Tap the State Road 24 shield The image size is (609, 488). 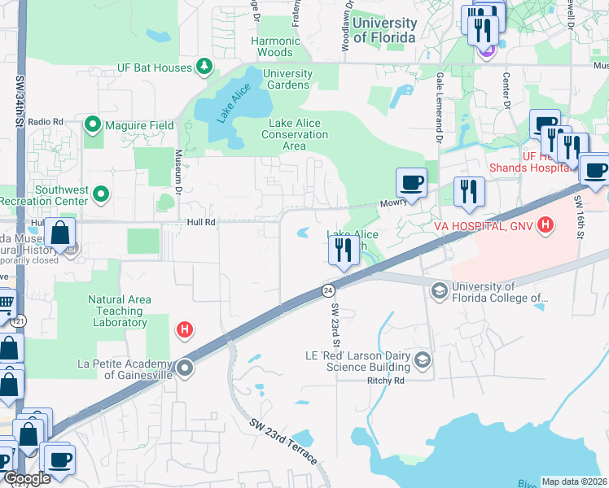(x=327, y=290)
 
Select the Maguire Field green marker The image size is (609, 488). (x=92, y=125)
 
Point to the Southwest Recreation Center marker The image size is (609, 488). (x=100, y=194)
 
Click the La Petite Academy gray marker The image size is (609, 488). (x=186, y=368)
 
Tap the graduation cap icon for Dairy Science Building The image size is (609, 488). (x=423, y=359)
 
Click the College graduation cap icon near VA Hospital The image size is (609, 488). (x=440, y=291)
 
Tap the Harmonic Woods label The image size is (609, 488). (x=272, y=46)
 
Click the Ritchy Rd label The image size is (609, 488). (x=386, y=380)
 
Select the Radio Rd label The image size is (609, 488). (x=46, y=122)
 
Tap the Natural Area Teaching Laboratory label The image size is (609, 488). (x=120, y=312)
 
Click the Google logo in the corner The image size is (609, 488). (x=27, y=478)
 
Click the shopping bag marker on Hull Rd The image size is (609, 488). (x=60, y=233)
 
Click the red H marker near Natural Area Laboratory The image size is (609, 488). (x=186, y=329)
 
